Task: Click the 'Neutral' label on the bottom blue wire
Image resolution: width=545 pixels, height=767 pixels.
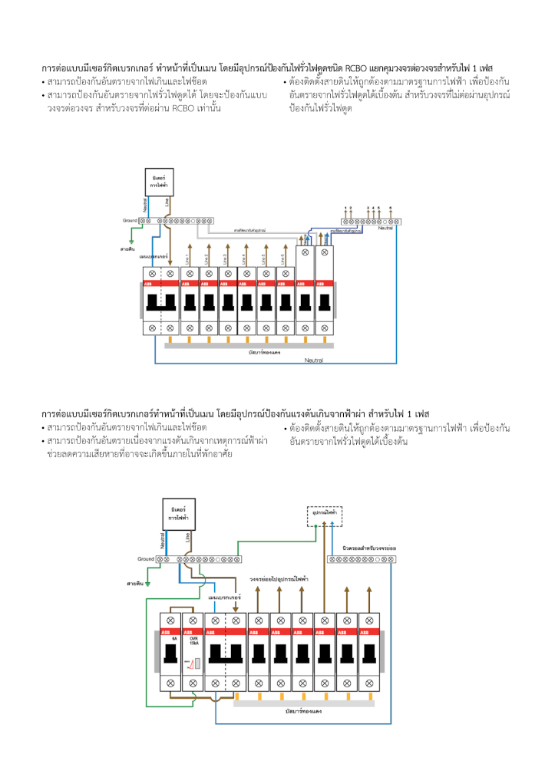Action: click(x=313, y=360)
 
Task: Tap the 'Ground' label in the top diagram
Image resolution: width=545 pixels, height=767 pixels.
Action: click(x=130, y=220)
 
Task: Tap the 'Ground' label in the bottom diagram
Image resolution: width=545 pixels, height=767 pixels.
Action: click(x=147, y=559)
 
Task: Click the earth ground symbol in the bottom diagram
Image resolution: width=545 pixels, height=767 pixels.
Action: click(x=149, y=583)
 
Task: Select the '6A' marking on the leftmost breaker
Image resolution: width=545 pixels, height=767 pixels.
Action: click(x=174, y=638)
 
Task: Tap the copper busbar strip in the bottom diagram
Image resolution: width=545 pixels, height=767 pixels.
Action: click(x=303, y=703)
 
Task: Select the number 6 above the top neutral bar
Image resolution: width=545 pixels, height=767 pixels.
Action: click(x=391, y=208)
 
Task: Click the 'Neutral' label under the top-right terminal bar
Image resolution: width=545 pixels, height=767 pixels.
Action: click(x=386, y=228)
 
